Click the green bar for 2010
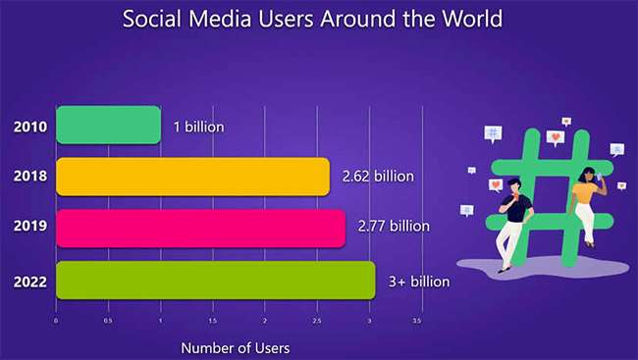(x=108, y=125)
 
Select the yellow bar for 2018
(x=192, y=177)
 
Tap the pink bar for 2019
(x=200, y=227)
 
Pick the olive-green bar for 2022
(x=215, y=280)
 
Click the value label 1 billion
(x=198, y=126)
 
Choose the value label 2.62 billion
(x=378, y=177)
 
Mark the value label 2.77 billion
(x=394, y=227)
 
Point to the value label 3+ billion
(x=416, y=281)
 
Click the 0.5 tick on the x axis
(x=108, y=321)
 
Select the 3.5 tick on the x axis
(x=417, y=321)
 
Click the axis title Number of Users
(x=235, y=347)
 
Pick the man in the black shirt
(x=513, y=226)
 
